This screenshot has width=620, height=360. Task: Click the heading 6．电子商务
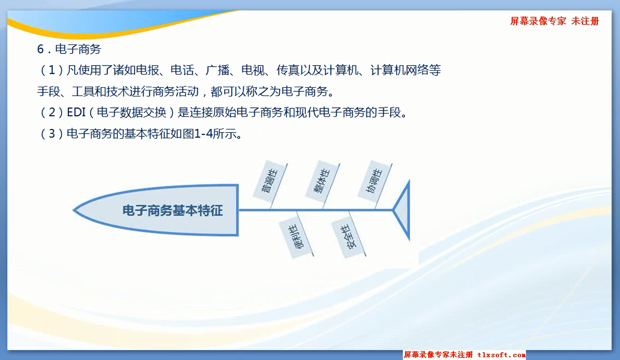pyautogui.click(x=69, y=49)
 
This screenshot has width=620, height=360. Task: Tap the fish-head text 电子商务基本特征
pyautogui.click(x=173, y=210)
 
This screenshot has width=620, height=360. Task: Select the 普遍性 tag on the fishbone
pyautogui.click(x=270, y=181)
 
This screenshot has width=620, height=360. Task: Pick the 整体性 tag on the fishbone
pyautogui.click(x=322, y=181)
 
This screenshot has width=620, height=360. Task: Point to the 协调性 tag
pyautogui.click(x=375, y=181)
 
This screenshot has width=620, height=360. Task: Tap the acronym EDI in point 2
pyautogui.click(x=76, y=112)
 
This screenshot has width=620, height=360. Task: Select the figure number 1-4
pyautogui.click(x=204, y=134)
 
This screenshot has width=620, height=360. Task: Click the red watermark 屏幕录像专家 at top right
pyautogui.click(x=538, y=21)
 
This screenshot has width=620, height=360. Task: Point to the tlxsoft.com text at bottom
pyautogui.click(x=501, y=355)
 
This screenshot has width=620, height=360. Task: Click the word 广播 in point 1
pyautogui.click(x=217, y=70)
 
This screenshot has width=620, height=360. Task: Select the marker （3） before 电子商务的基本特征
pyautogui.click(x=52, y=134)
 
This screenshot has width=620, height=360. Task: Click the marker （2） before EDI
pyautogui.click(x=52, y=112)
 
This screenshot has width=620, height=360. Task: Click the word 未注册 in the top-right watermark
pyautogui.click(x=585, y=21)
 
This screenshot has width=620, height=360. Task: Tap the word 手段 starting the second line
pyautogui.click(x=49, y=91)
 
